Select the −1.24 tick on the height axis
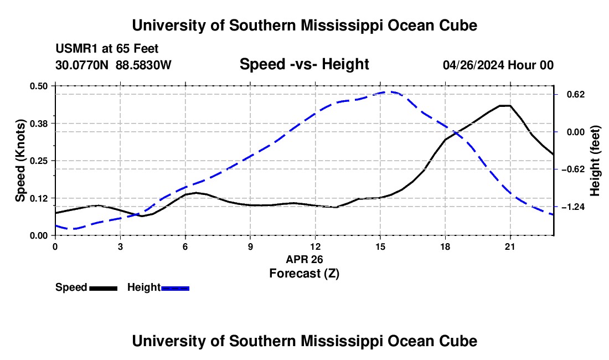point(573,207)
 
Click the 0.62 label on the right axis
point(576,94)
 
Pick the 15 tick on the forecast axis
point(380,246)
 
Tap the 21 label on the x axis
point(510,246)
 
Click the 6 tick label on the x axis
point(185,246)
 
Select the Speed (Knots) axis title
point(20,161)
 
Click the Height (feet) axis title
point(595,161)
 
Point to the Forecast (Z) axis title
point(304,274)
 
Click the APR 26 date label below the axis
point(304,259)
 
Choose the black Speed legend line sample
point(104,288)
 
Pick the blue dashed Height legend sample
point(175,288)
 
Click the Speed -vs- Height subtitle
point(304,64)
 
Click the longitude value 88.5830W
point(143,65)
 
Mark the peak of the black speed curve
point(504,106)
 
